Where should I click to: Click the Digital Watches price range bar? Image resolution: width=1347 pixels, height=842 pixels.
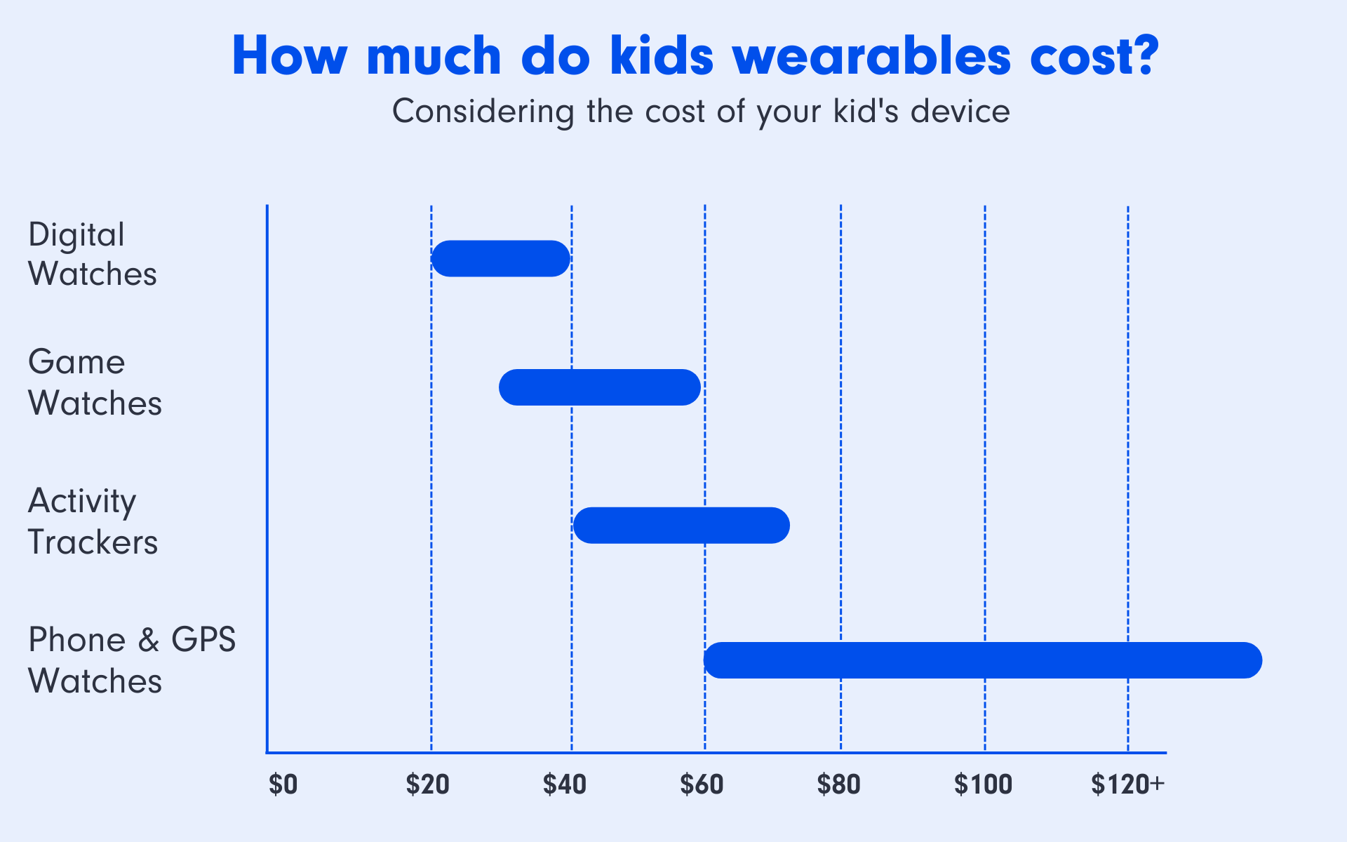coord(500,258)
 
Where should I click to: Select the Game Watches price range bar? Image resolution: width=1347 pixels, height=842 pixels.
coord(600,387)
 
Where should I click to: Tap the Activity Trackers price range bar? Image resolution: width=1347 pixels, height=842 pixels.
coord(681,525)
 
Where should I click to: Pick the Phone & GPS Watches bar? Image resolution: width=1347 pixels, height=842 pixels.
coord(983,660)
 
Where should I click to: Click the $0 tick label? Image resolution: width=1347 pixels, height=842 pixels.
coord(283,784)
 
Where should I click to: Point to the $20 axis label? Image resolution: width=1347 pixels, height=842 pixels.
coord(428,784)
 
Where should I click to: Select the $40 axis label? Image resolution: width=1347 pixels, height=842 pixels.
coord(565,784)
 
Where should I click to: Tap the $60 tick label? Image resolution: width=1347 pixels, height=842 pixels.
coord(702,784)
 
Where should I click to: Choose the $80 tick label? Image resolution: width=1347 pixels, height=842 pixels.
coord(839,784)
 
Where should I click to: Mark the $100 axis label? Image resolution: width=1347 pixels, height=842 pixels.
coord(984,784)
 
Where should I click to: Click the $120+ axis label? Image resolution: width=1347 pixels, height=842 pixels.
coord(1128,784)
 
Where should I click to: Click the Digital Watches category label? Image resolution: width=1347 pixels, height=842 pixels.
coord(93,254)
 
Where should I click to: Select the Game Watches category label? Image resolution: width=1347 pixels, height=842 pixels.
coord(95,382)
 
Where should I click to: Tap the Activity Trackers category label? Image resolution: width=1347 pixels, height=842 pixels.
coord(93,521)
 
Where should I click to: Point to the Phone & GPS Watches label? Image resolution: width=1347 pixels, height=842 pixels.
coord(132,660)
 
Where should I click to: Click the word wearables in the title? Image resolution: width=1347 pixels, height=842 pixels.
coord(872,55)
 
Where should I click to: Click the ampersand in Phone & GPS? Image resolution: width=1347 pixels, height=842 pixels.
coord(149,640)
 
